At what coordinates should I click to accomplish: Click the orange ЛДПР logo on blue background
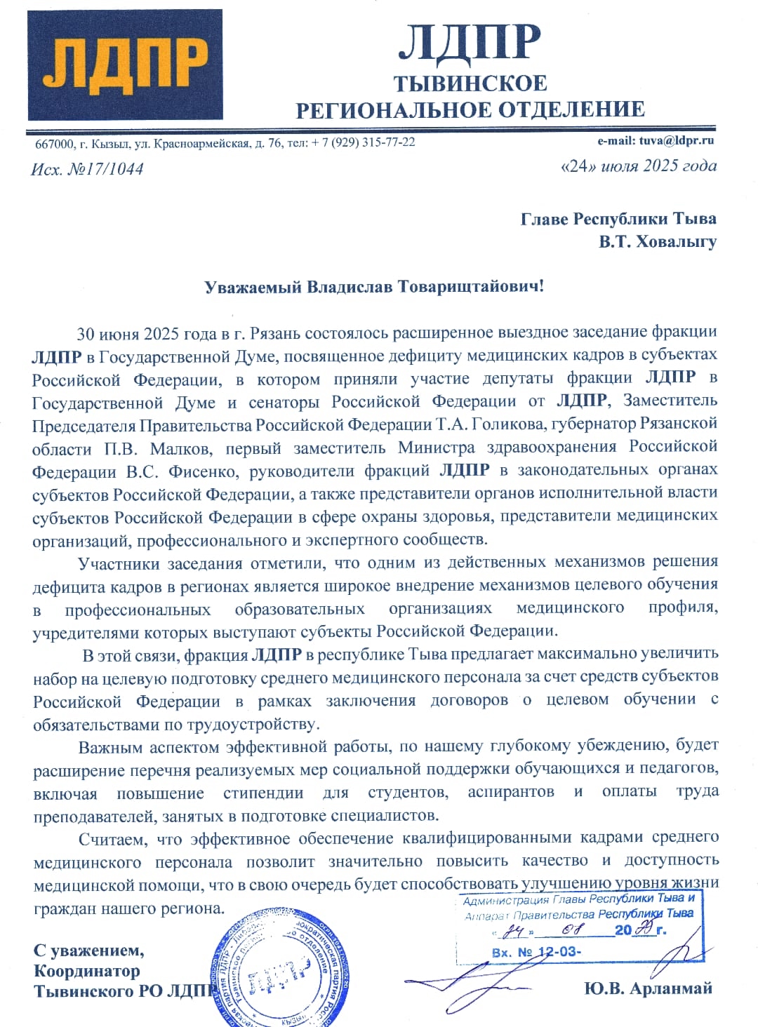pos(126,64)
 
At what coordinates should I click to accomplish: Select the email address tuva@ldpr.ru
pos(676,140)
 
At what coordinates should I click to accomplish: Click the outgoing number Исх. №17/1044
pos(87,169)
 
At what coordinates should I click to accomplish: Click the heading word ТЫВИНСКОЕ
pos(470,83)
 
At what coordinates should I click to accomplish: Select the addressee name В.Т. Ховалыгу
pos(658,242)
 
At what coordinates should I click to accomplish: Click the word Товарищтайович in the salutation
pos(470,287)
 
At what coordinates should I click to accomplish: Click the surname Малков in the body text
pos(180,448)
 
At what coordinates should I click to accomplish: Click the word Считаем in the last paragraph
pos(112,839)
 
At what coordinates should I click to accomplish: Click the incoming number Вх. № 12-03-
pos(536,952)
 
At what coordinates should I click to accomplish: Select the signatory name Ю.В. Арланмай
pos(648,988)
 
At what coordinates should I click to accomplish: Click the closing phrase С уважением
pos(88,951)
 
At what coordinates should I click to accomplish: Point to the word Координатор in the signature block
pos(87,971)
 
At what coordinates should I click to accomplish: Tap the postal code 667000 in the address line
pos(55,144)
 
